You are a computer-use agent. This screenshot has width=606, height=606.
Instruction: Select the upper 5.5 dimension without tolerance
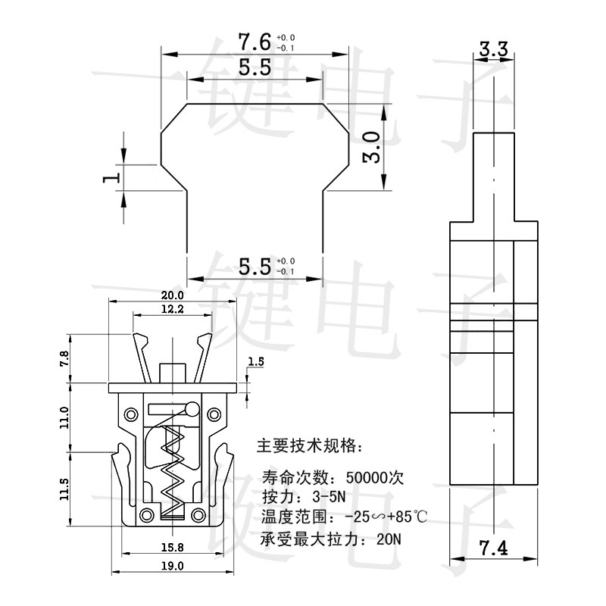tap(255, 67)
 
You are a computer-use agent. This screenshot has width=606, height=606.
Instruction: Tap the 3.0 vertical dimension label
tap(371, 147)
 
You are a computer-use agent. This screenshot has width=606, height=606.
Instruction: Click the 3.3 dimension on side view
tap(492, 50)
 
